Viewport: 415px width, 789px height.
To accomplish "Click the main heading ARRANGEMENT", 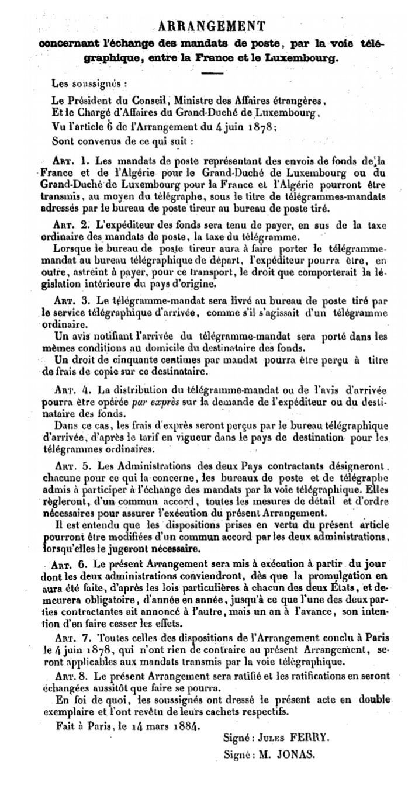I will coord(212,26).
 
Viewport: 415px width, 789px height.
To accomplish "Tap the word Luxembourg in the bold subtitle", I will coord(310,58).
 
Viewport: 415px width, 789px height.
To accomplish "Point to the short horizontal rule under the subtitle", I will coord(212,72).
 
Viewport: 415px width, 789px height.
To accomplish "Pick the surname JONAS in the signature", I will coord(296,754).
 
